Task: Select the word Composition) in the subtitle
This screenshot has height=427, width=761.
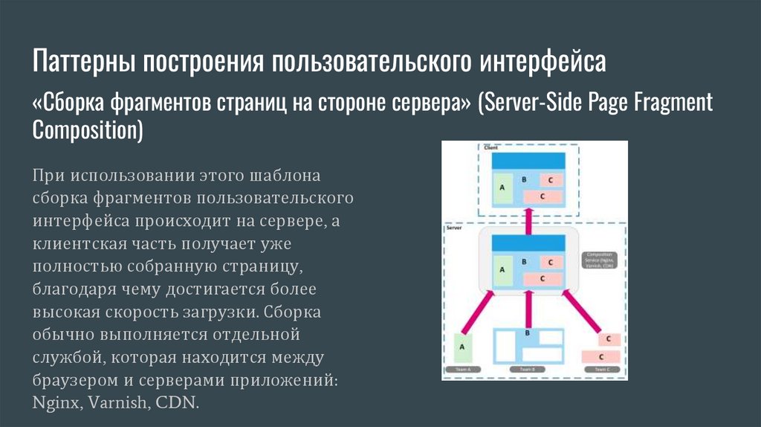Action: (87, 130)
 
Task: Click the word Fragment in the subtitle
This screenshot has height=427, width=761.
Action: (673, 102)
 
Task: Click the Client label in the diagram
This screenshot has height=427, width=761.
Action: (491, 147)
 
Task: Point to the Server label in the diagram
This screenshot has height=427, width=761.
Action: (454, 228)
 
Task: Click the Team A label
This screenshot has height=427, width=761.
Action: (463, 370)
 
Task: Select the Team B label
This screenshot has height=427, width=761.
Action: (528, 370)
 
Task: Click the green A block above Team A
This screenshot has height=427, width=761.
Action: (463, 348)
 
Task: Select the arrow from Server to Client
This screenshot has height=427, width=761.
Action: (528, 219)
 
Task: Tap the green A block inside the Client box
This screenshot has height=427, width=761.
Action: (502, 187)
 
